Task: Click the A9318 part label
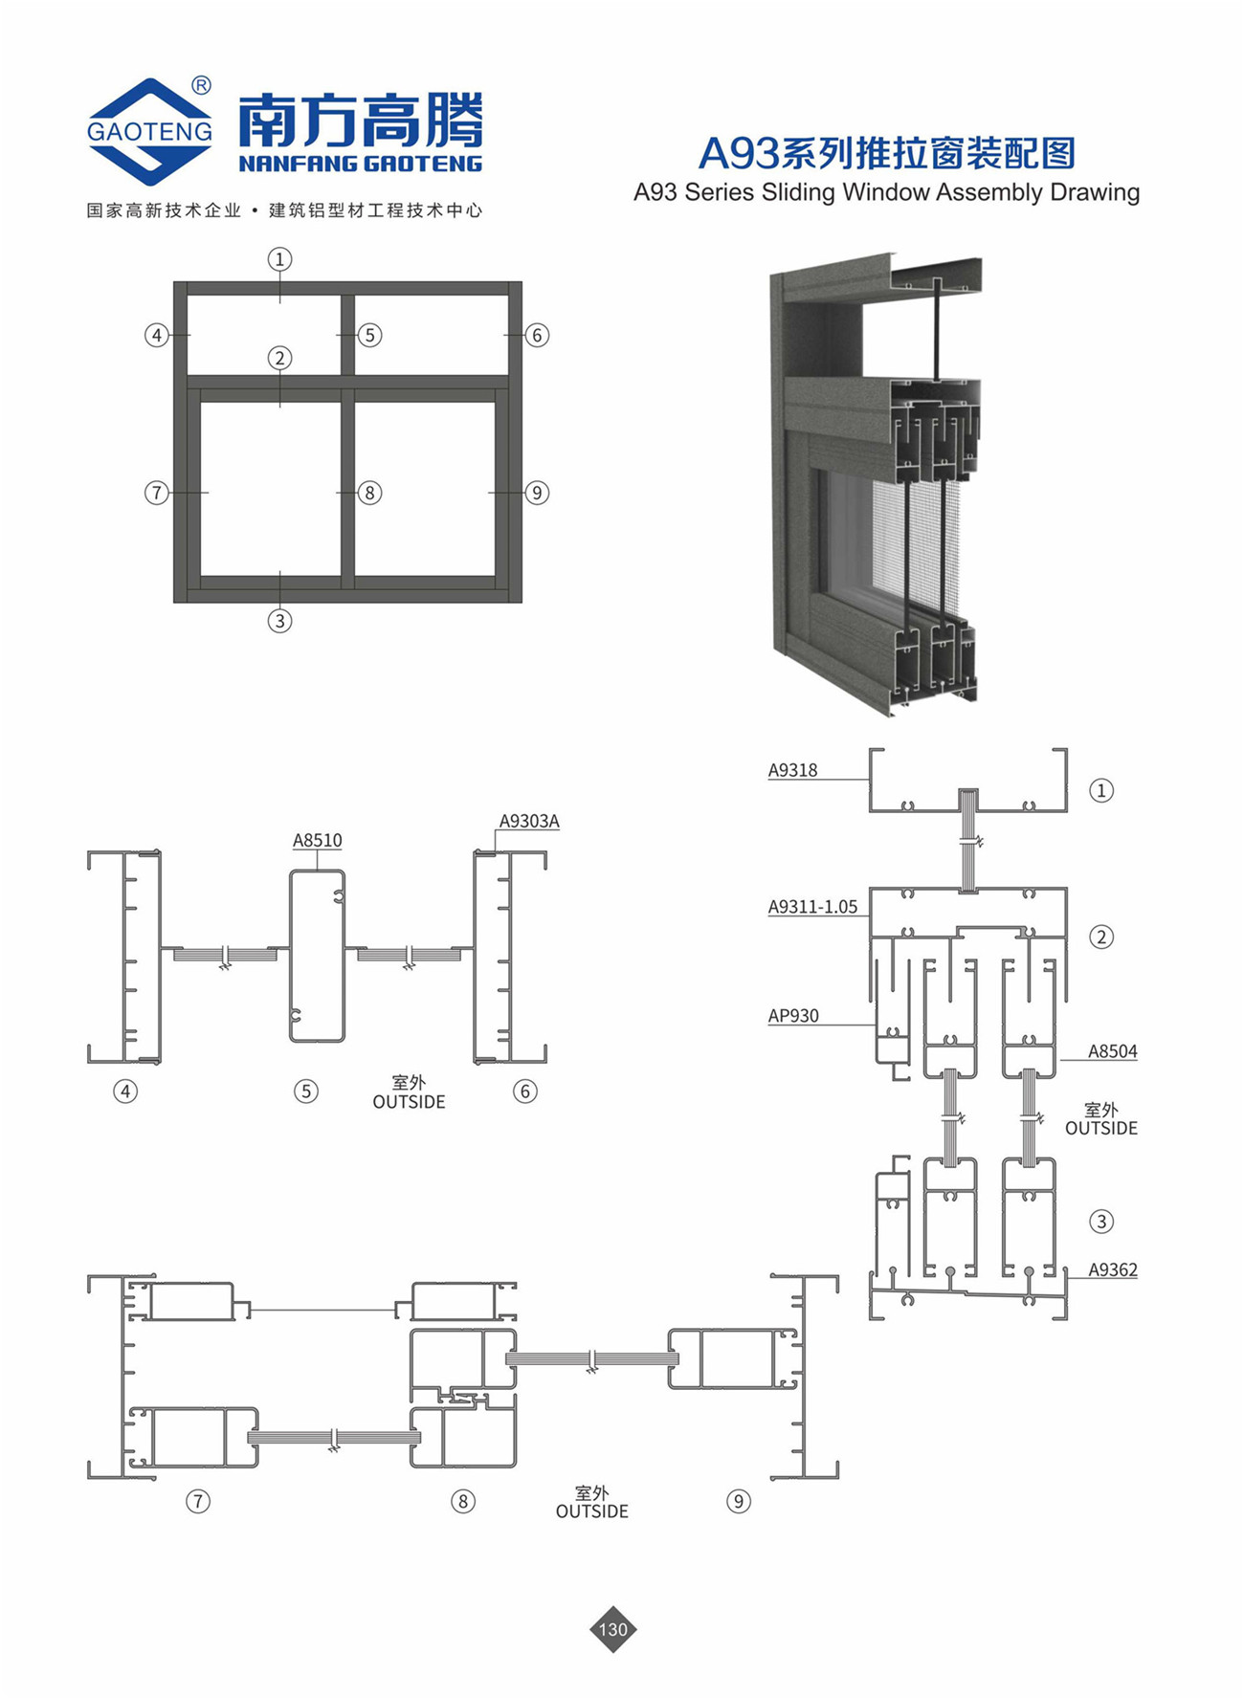[x=792, y=770]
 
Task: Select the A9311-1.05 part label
[x=812, y=907]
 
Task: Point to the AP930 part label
[x=793, y=1016]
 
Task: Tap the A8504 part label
[x=1113, y=1051]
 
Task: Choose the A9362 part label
[x=1113, y=1270]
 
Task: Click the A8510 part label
[x=317, y=840]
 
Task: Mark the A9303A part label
[x=529, y=821]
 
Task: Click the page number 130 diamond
[x=612, y=1629]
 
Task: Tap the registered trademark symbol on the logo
[x=201, y=86]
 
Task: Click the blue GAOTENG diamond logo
[x=149, y=131]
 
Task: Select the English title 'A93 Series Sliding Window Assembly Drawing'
[x=886, y=192]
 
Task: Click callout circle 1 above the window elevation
[x=279, y=259]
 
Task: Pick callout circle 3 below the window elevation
[x=279, y=621]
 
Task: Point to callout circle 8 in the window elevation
[x=369, y=493]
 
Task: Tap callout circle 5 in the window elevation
[x=369, y=335]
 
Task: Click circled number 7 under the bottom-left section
[x=197, y=1501]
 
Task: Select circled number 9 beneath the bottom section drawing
[x=738, y=1501]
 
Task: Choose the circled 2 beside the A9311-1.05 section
[x=1101, y=937]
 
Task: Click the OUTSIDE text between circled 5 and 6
[x=409, y=1102]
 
